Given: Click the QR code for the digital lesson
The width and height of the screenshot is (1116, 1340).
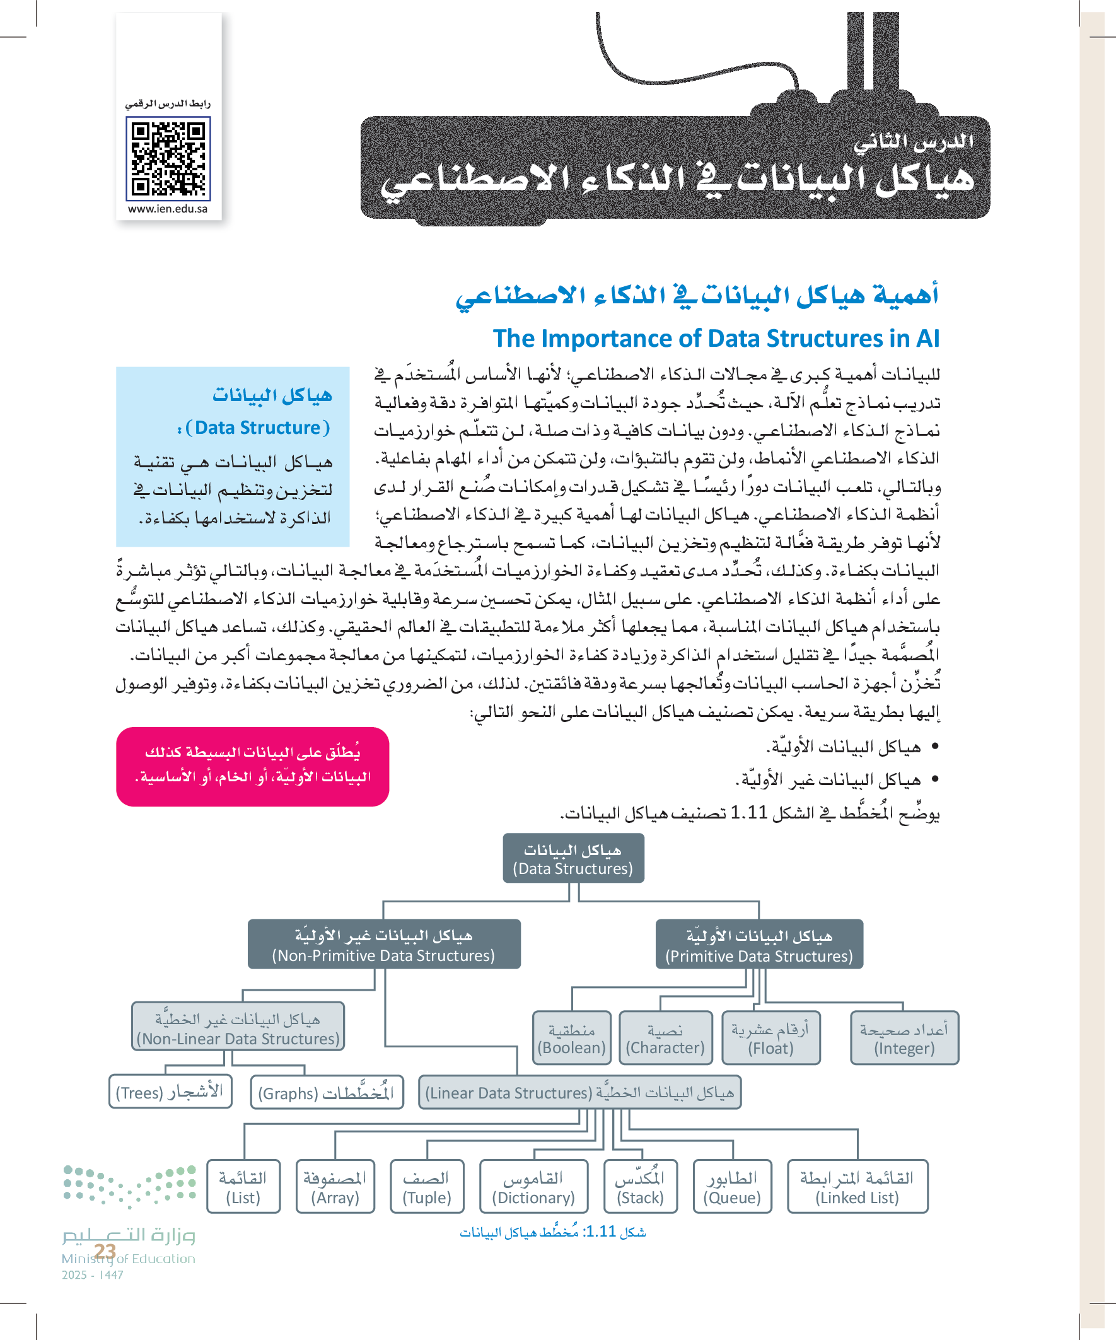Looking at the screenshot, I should coord(168,158).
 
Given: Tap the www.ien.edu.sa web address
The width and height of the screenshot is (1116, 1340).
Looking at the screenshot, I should coord(168,209).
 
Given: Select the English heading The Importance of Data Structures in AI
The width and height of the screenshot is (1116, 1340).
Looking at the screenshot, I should coord(716,338).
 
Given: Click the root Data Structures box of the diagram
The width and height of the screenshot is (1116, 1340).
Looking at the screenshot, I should coord(573,859).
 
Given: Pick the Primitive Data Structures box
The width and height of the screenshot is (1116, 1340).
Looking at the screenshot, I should coord(759,945).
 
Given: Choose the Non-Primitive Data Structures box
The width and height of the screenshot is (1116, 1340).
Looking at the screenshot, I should coord(383,945).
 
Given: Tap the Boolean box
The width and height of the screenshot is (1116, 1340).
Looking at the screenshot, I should coord(572,1038).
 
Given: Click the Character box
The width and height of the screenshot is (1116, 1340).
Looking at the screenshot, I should coord(666,1038).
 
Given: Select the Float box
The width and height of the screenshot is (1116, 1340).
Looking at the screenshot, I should coord(771,1038).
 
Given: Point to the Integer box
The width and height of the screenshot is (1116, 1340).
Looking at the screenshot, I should coord(904,1038).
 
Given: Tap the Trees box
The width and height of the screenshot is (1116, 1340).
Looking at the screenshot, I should coord(170,1092).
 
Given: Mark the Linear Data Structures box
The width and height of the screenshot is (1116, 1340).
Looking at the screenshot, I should coord(579,1092).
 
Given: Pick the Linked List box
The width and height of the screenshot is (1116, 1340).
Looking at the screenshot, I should coord(857,1187).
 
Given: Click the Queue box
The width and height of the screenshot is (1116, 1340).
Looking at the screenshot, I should coord(732,1187).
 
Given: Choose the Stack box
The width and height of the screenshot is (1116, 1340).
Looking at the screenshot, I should coord(640,1187).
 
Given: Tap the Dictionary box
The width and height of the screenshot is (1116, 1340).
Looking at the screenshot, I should coord(533,1187).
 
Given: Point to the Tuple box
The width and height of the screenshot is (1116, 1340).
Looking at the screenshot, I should coord(427,1187).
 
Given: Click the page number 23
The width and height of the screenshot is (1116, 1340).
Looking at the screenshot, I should coord(105,1251).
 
